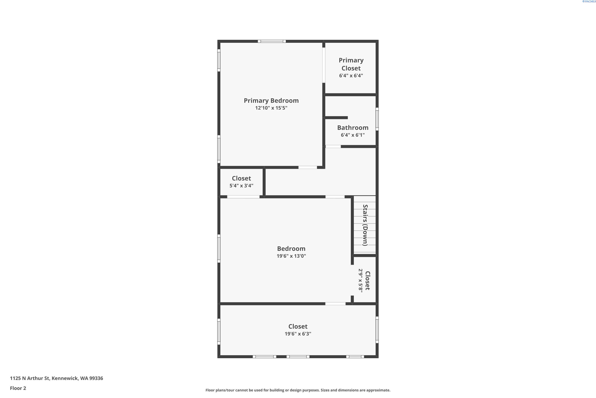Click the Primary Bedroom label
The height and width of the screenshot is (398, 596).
(x=271, y=101)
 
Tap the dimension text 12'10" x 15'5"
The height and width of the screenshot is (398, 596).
(x=271, y=108)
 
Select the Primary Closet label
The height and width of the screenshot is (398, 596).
(x=351, y=64)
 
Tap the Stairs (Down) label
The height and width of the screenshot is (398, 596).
(x=365, y=225)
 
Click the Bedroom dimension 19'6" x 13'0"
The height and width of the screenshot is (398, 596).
(x=291, y=256)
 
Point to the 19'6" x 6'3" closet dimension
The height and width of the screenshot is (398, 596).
(x=298, y=334)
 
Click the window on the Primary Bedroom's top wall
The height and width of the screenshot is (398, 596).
(x=272, y=41)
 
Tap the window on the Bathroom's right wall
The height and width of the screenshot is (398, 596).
(x=377, y=119)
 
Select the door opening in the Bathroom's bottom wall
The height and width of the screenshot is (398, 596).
(x=333, y=146)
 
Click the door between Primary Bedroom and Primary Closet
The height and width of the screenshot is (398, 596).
(x=324, y=65)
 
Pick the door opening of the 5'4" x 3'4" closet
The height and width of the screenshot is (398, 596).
(x=243, y=197)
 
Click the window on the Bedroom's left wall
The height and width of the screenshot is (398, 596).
(x=219, y=249)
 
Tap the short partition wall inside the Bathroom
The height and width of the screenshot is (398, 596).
(x=336, y=118)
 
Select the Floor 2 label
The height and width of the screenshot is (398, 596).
(x=18, y=388)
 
